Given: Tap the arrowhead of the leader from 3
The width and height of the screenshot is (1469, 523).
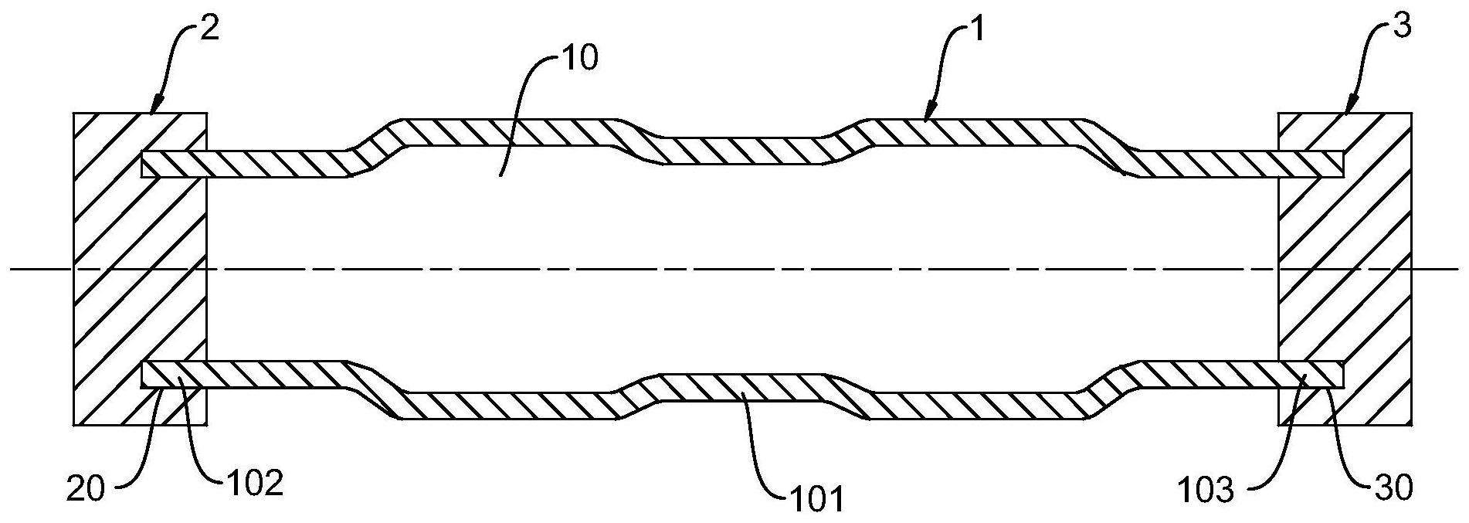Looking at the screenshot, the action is click(1349, 107).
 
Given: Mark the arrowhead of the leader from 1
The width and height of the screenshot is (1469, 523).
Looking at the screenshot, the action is click(929, 113).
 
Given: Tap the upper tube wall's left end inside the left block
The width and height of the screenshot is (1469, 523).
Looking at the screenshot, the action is click(145, 165).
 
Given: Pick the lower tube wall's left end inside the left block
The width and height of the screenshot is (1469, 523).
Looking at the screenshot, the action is click(145, 374).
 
